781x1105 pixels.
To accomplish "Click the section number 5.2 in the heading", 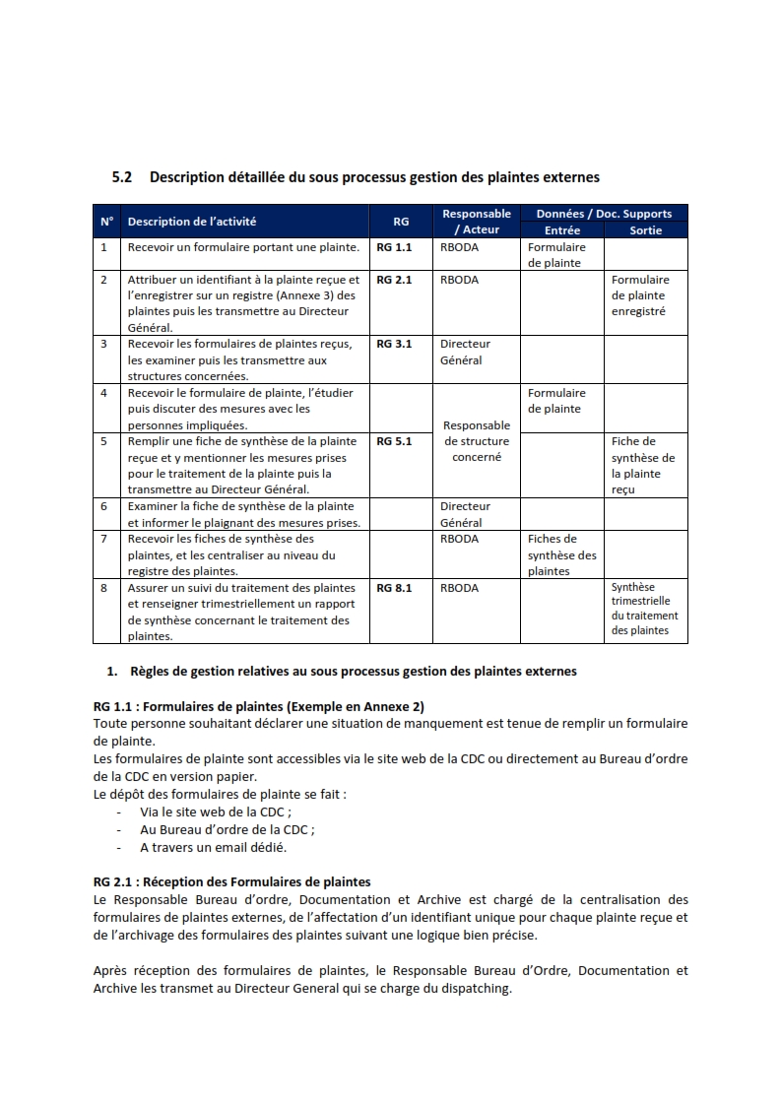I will click(122, 177).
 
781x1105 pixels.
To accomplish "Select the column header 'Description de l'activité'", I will click(191, 222).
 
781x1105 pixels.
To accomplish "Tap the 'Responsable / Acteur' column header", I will click(477, 222).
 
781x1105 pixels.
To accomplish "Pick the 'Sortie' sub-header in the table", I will click(646, 230).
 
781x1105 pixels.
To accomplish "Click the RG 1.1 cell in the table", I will click(394, 247).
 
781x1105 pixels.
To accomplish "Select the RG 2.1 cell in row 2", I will click(394, 280).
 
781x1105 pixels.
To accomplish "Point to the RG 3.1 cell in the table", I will click(394, 344).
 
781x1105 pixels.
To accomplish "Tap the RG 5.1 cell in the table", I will click(394, 441).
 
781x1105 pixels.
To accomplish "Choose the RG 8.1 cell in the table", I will click(394, 588).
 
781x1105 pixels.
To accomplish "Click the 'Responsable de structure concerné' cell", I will click(477, 441).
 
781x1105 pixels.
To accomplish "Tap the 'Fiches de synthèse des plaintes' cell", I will click(561, 554).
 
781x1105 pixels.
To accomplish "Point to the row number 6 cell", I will click(103, 506).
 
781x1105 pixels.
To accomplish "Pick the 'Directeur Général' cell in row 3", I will click(465, 352).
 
